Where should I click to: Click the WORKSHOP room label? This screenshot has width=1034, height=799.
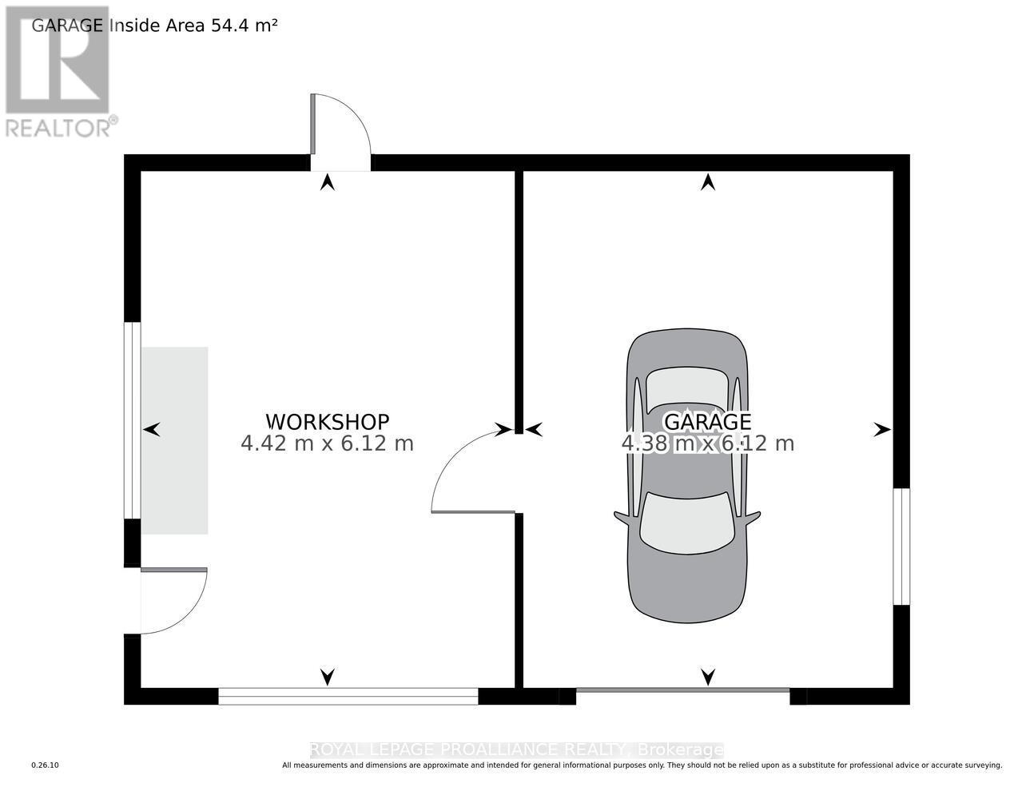pyautogui.click(x=327, y=421)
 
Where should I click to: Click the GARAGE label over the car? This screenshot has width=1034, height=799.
pyautogui.click(x=707, y=421)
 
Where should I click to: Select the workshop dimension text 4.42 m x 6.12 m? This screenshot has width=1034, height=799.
pyautogui.click(x=327, y=443)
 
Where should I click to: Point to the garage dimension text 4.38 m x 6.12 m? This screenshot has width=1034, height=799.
pyautogui.click(x=707, y=443)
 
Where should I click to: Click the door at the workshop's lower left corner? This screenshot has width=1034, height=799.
pyautogui.click(x=172, y=599)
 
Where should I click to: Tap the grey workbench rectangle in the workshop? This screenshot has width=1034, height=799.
pyautogui.click(x=175, y=440)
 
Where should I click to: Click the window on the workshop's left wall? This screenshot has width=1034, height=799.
pyautogui.click(x=132, y=419)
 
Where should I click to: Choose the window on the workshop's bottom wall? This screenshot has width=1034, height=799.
pyautogui.click(x=348, y=697)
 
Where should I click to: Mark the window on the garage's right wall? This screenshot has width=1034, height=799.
pyautogui.click(x=901, y=547)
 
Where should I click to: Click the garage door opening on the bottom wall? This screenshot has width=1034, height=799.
pyautogui.click(x=682, y=690)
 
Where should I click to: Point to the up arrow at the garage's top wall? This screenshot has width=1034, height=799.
pyautogui.click(x=707, y=182)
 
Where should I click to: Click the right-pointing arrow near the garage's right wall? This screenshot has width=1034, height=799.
pyautogui.click(x=881, y=430)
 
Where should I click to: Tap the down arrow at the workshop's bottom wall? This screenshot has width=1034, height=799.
pyautogui.click(x=327, y=677)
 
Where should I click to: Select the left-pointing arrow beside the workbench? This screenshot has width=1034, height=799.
pyautogui.click(x=152, y=430)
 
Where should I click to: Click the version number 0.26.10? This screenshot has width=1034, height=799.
pyautogui.click(x=46, y=765)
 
